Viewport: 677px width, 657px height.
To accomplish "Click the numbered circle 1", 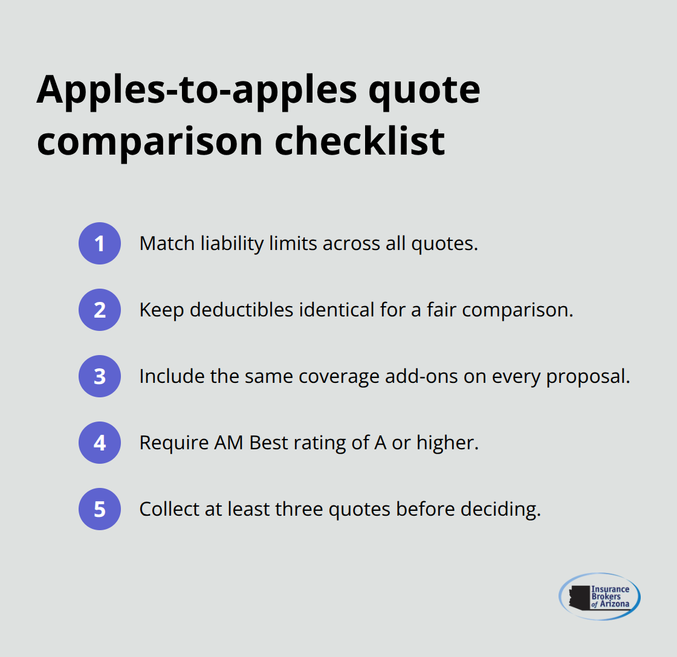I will click(100, 243).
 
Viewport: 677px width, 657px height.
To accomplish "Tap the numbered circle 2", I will click(100, 310).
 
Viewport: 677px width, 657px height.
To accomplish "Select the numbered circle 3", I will click(100, 376).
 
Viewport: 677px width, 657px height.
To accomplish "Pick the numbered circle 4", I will click(100, 443).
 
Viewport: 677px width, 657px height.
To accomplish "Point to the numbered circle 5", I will click(100, 509).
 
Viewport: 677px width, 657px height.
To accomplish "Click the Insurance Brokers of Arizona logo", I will click(600, 597).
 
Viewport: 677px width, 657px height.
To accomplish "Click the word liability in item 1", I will click(225, 243).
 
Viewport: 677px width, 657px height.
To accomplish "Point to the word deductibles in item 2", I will click(236, 310).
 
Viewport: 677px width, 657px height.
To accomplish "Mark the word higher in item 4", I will click(449, 443).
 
